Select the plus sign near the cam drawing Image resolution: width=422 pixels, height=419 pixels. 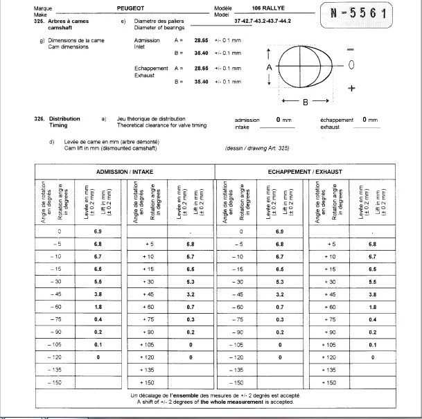(351, 89)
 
